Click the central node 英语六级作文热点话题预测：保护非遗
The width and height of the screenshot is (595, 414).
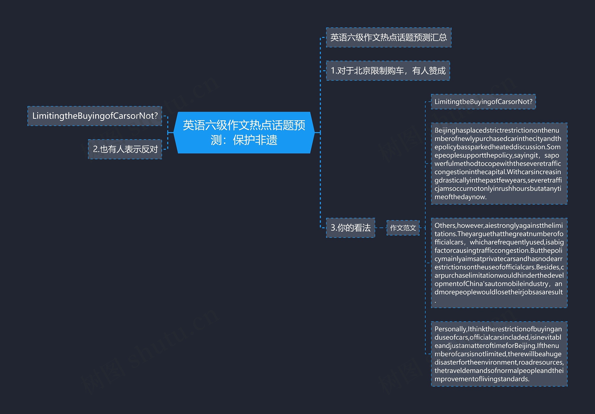click(244, 132)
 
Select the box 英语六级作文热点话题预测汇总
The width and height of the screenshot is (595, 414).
click(388, 38)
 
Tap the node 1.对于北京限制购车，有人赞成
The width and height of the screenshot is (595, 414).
click(388, 71)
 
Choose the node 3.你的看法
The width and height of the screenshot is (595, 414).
click(350, 228)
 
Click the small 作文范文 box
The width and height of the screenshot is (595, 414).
click(403, 228)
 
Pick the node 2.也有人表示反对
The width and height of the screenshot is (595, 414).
click(125, 149)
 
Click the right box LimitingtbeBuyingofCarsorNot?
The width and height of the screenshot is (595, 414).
click(483, 102)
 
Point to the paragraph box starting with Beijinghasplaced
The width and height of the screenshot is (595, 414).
click(499, 163)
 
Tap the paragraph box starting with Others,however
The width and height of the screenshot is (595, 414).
click(499, 263)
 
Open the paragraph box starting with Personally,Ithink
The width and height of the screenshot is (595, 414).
click(499, 354)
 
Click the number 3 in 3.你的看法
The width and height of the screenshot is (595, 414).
click(333, 228)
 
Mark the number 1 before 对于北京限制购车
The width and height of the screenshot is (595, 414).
click(333, 71)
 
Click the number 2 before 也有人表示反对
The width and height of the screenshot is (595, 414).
click(95, 149)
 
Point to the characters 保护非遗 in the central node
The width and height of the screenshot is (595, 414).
click(255, 140)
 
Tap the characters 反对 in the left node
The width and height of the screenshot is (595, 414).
click(149, 149)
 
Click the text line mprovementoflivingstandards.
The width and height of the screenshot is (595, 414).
click(482, 379)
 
